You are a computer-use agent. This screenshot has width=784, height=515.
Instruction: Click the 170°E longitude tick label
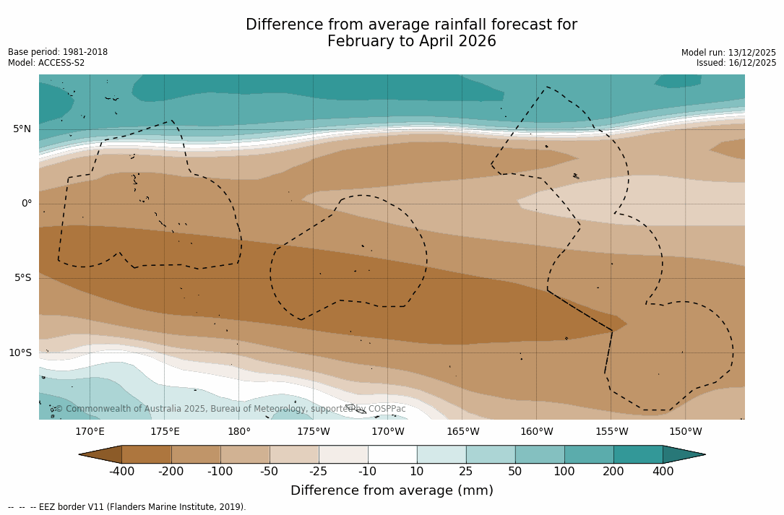coord(90,432)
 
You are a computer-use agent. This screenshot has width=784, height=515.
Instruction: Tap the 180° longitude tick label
coord(239,432)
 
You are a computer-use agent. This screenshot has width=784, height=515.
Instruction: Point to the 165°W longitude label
coord(462,432)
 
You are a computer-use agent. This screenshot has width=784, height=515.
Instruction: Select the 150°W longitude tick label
coord(686,432)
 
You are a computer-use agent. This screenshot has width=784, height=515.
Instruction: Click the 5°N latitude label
coord(22,129)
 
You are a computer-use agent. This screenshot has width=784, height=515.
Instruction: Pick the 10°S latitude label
coord(20,353)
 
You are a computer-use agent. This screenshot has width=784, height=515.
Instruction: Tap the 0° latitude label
coord(26,204)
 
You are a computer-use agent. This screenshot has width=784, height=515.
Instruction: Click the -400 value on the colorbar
coord(122,472)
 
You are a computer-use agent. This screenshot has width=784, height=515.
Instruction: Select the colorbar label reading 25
coord(466,472)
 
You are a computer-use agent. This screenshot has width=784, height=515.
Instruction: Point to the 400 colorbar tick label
coord(663,472)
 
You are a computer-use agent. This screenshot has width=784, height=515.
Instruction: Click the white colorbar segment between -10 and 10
coord(392,454)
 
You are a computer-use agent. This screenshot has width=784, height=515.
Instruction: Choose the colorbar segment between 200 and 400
coord(638,454)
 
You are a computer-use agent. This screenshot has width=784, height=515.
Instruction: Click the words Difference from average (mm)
coord(392,491)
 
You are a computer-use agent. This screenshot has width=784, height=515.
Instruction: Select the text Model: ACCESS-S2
coord(46,63)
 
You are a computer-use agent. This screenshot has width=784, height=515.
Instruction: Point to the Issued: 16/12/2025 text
coord(736,63)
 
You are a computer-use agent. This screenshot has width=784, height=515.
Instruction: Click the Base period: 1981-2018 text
coord(58,52)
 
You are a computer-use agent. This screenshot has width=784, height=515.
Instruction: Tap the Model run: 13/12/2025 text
coord(728,53)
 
